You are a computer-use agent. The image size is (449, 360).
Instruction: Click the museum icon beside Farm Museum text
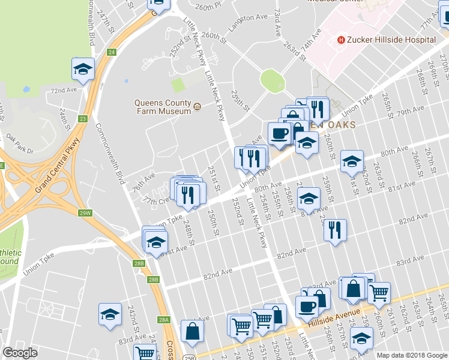click(x=197, y=107)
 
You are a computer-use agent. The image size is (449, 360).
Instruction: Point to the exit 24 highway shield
click(x=112, y=53)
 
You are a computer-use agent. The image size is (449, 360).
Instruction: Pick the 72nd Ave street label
click(x=64, y=90)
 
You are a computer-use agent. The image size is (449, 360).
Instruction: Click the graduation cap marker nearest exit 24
click(x=83, y=68)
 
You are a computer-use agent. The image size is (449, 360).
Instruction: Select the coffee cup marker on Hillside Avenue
click(x=307, y=307)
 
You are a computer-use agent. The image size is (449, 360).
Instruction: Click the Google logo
click(x=20, y=353)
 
